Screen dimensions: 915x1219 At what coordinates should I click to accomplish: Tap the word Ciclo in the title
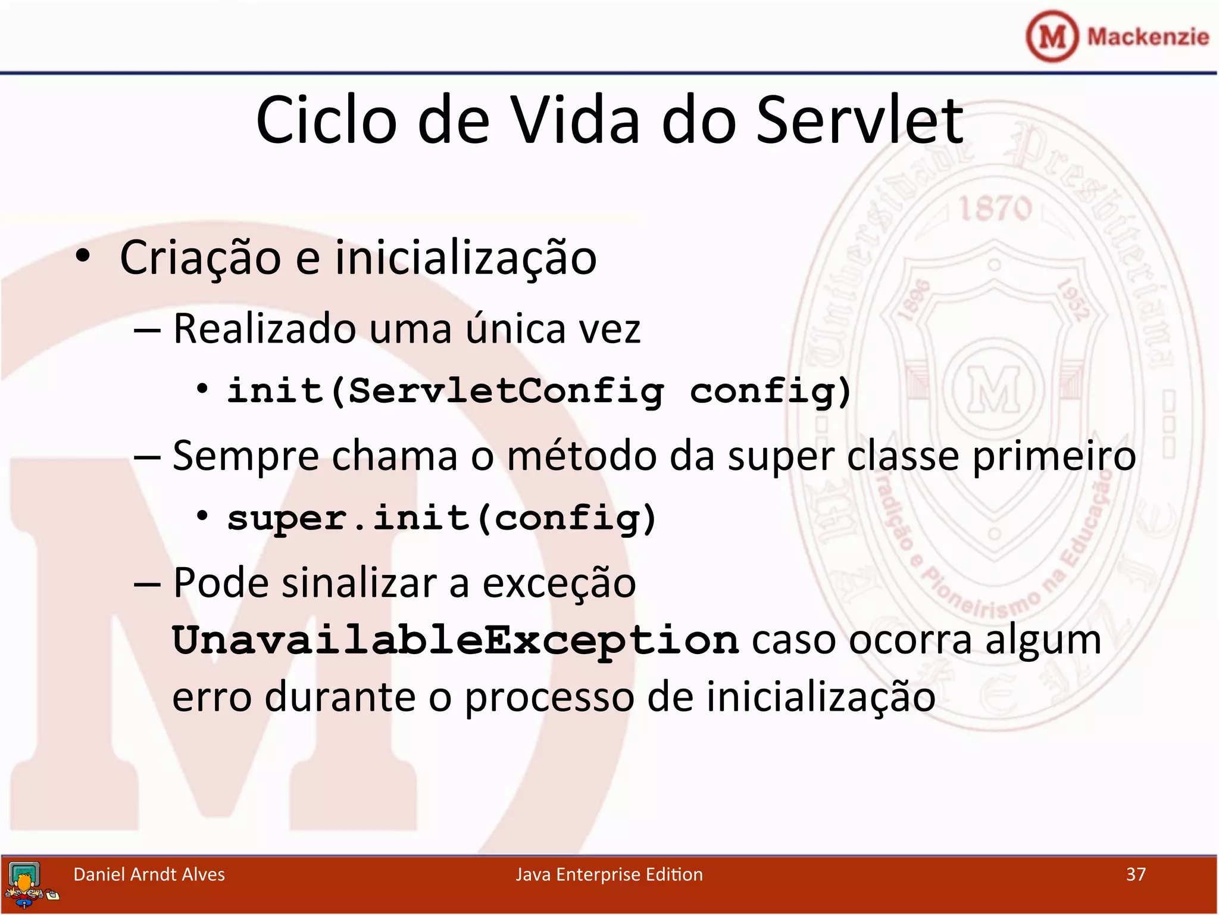326,121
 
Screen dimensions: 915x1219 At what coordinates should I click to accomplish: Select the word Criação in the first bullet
201,258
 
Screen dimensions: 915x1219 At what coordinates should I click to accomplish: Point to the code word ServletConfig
506,391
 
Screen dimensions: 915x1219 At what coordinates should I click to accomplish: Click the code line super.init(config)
442,518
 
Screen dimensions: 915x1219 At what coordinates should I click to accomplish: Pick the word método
582,456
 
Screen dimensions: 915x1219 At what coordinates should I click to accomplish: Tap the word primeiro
1054,456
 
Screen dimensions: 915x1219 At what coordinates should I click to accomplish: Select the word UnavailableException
455,641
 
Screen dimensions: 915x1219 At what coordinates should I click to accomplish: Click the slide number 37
1136,874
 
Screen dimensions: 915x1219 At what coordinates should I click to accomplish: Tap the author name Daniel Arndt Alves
149,874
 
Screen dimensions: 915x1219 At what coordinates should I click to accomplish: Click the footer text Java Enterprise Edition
609,874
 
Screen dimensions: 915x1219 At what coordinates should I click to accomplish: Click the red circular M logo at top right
1052,36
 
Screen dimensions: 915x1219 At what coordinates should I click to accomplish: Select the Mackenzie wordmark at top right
1148,37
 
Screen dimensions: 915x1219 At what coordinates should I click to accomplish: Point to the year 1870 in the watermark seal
995,208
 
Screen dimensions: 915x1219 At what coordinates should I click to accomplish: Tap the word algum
1043,641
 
